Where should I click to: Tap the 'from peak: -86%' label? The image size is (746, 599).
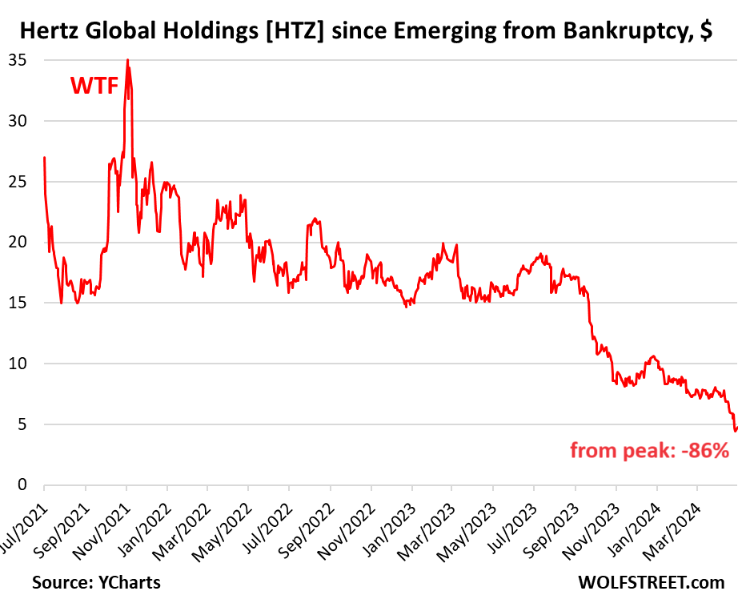pos(649,451)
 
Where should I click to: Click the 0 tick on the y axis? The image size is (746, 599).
pos(22,484)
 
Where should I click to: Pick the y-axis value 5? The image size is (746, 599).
pos(22,424)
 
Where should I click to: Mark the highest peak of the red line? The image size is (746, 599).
pos(127,60)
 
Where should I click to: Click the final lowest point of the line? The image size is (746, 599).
pos(735,431)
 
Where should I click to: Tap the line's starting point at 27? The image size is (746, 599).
pos(44,157)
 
